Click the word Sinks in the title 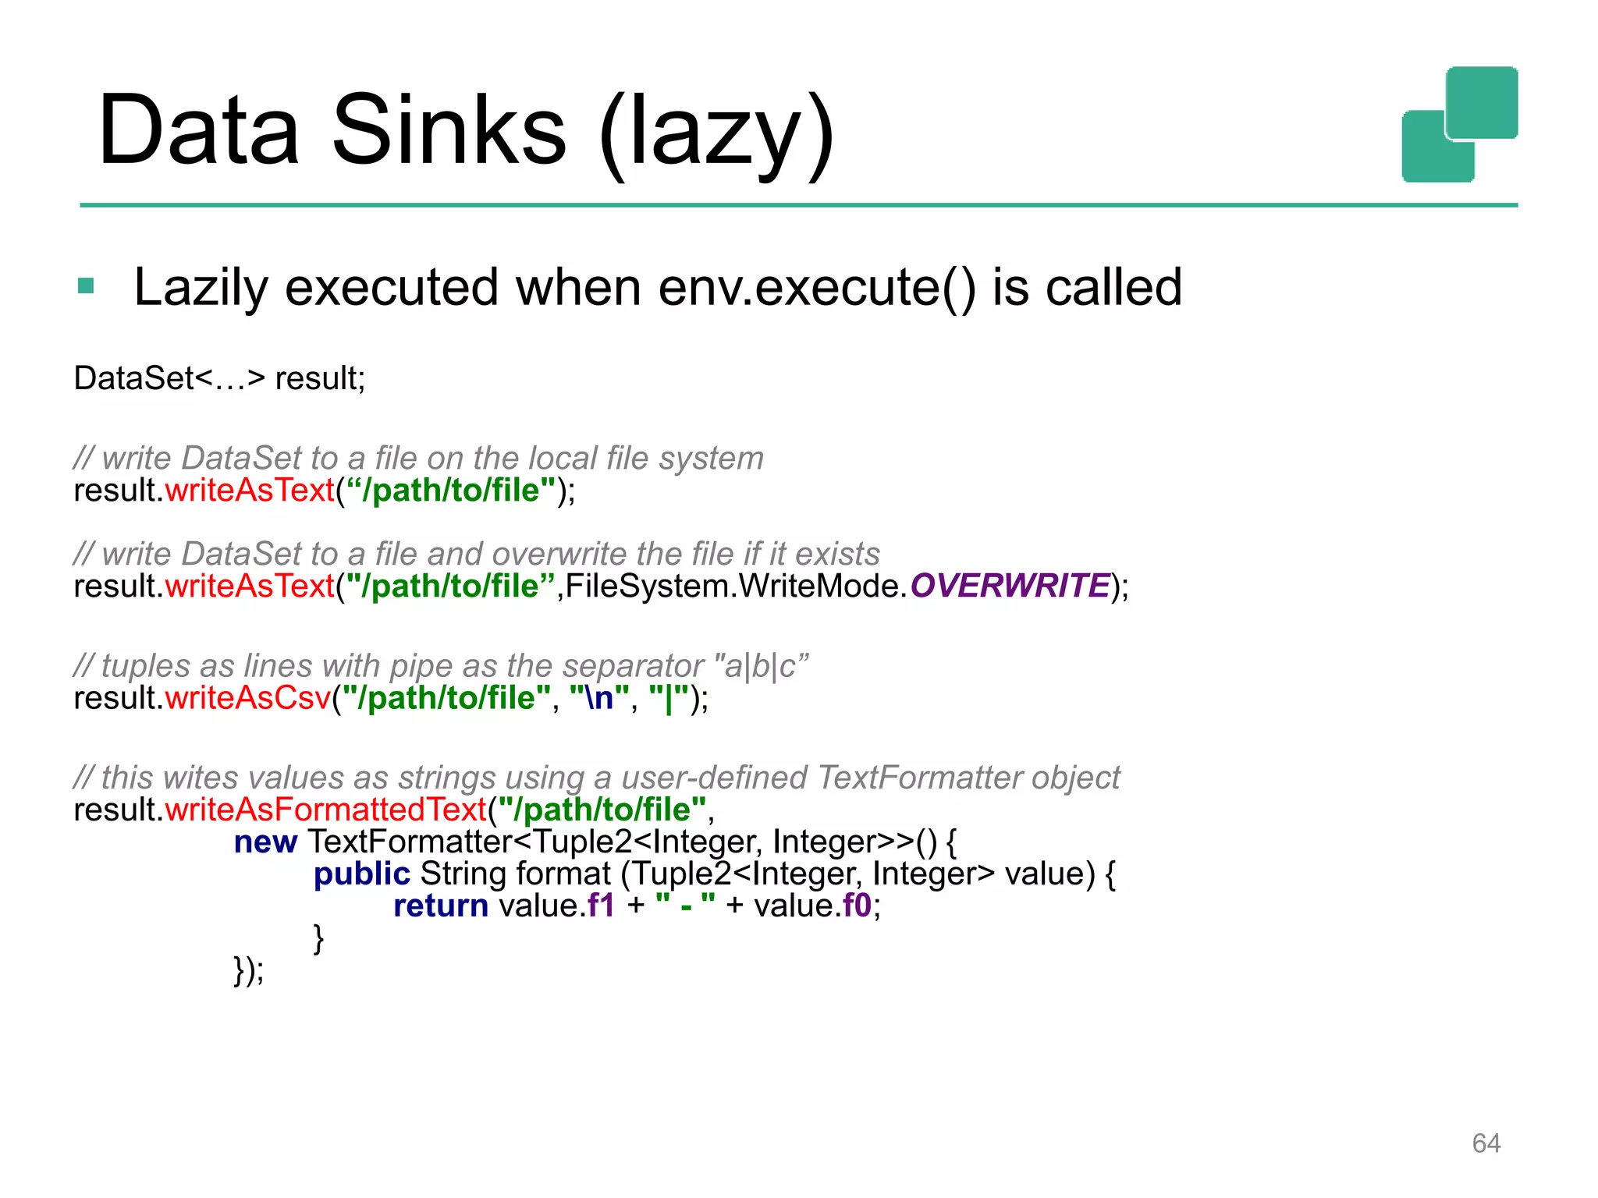tap(449, 131)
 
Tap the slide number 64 tap(1486, 1143)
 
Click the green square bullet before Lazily tap(86, 286)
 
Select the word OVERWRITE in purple tap(1010, 586)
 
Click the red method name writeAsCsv tap(248, 698)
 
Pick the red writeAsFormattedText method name tap(325, 810)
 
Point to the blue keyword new tap(265, 842)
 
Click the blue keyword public tap(361, 874)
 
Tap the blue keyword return tap(441, 906)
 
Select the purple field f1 tap(601, 906)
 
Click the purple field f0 tap(857, 906)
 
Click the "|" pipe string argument tap(669, 698)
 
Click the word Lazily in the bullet tap(201, 287)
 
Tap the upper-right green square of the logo tap(1482, 102)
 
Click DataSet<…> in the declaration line tap(169, 378)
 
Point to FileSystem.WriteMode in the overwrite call tap(736, 586)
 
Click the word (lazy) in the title tap(716, 131)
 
